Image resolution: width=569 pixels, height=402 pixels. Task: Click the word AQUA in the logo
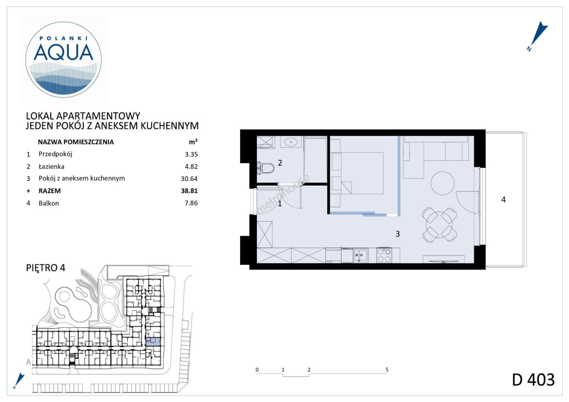[x=64, y=52]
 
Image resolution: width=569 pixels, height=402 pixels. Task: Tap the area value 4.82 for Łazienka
[x=191, y=166]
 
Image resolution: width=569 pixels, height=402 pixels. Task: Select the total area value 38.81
[x=189, y=191]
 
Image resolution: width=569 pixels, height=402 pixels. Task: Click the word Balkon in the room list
[x=49, y=203]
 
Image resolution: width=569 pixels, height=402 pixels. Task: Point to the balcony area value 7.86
[x=191, y=203]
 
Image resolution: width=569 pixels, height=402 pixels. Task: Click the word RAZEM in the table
[x=50, y=191]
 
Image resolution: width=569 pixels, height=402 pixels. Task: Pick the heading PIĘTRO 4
[x=46, y=268]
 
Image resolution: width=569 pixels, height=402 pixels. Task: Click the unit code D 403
[x=533, y=380]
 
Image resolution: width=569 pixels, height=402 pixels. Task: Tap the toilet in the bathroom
[x=265, y=168]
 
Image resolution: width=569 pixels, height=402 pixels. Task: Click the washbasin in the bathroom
[x=290, y=142]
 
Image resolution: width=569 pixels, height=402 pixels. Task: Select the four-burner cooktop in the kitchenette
[x=384, y=255]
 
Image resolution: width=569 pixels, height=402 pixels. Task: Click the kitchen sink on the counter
[x=360, y=256]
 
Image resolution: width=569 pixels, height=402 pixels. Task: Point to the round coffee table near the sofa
[x=442, y=183]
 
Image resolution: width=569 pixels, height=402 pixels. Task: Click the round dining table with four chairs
[x=440, y=225]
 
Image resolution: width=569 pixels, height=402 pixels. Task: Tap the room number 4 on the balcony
[x=503, y=200]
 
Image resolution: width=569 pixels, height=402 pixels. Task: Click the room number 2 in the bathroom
[x=280, y=163]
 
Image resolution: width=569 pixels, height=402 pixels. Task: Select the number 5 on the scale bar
[x=387, y=370]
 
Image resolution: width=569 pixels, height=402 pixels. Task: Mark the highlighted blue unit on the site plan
[x=153, y=342]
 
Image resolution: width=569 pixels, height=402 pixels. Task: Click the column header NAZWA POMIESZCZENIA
[x=76, y=142]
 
